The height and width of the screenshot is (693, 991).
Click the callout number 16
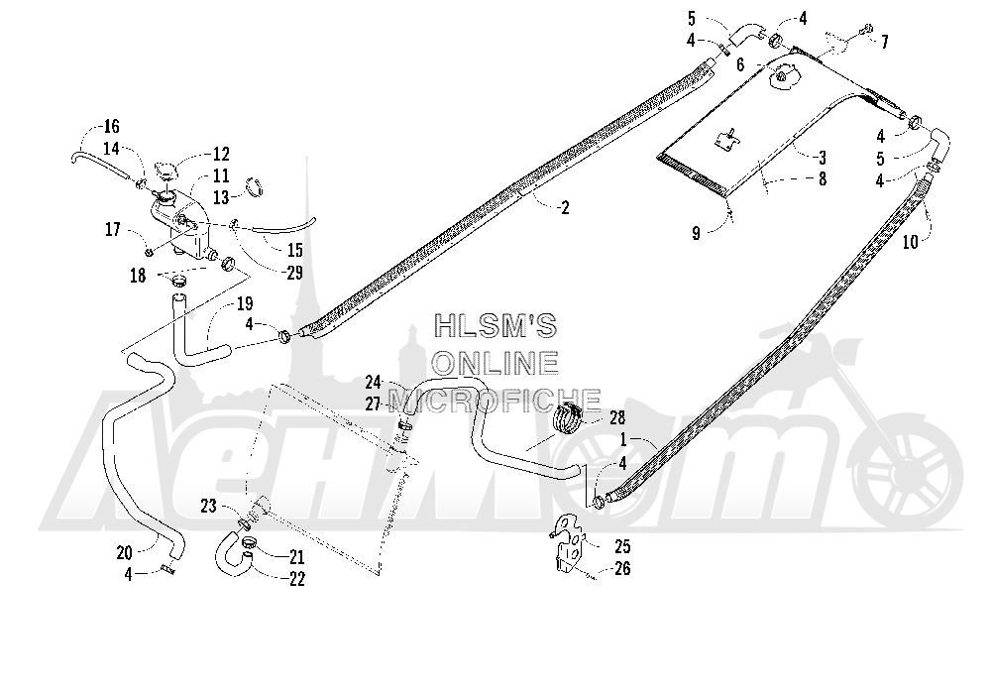[111, 127]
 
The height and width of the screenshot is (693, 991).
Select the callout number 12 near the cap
[221, 154]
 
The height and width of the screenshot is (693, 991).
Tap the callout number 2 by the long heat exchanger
[565, 207]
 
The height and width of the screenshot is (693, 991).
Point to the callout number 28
[616, 417]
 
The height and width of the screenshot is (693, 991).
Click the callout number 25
[622, 546]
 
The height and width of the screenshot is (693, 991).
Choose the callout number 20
[125, 552]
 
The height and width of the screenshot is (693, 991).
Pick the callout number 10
[910, 242]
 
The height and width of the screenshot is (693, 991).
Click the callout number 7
[885, 42]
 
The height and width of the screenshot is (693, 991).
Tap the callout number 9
[696, 233]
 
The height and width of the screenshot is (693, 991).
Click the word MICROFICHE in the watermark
[494, 399]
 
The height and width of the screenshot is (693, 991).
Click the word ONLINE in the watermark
[495, 363]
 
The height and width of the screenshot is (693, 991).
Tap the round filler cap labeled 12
[165, 172]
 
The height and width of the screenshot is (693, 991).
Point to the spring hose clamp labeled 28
[568, 419]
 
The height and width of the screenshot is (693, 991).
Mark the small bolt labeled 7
[866, 28]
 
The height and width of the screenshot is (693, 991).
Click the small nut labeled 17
[150, 252]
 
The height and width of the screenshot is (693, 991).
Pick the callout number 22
[296, 578]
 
